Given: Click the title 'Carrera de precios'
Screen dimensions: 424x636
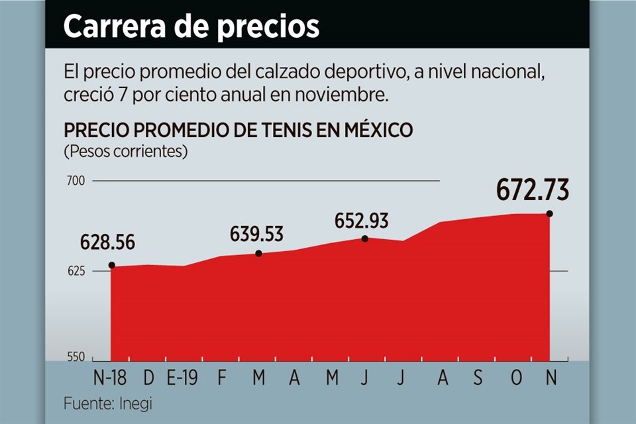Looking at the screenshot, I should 191,26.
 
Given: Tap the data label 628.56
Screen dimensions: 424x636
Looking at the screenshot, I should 107,242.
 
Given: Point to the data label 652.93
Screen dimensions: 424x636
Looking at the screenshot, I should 361,221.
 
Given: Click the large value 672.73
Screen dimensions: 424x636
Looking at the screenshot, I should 533,191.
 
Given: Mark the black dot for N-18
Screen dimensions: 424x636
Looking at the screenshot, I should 111,266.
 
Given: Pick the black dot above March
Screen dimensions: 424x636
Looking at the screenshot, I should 258,254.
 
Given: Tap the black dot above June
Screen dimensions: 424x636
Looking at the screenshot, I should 365,238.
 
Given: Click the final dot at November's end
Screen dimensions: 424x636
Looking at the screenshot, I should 549,213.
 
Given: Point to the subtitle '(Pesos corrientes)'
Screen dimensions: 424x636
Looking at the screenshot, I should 125,152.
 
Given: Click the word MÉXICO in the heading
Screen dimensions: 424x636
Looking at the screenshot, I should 376,130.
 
